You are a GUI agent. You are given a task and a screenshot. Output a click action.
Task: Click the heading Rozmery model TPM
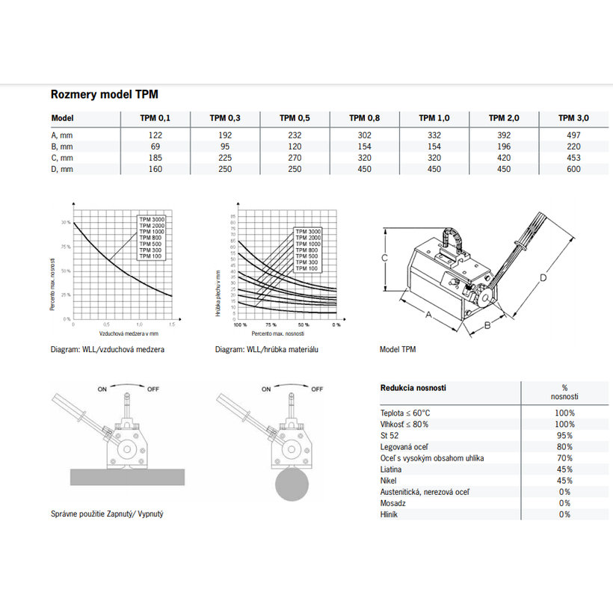104,95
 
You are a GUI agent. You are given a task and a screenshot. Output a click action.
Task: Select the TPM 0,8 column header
365,118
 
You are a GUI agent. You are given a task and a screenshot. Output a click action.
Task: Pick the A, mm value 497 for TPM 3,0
573,135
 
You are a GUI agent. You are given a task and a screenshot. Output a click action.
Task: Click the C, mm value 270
295,158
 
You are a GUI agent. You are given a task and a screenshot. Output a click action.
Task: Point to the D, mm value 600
573,169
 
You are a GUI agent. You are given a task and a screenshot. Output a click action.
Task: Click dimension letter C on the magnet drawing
383,258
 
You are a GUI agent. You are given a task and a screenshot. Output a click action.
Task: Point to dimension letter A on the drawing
428,315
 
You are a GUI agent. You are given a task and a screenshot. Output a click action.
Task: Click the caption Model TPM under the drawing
398,349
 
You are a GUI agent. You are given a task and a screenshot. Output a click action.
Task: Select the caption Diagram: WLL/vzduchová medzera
108,349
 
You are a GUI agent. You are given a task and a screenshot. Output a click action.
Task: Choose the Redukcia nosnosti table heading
413,388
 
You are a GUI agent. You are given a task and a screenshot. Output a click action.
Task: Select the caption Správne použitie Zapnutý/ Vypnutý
107,515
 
